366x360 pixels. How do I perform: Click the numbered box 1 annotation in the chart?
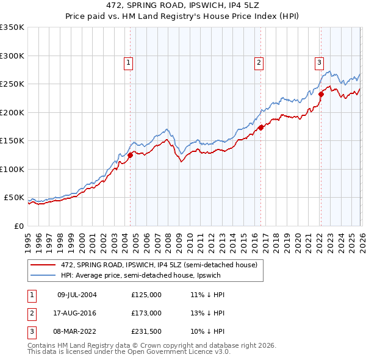(129, 62)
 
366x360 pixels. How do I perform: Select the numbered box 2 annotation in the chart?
(259, 62)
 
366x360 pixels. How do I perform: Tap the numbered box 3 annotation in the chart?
(319, 62)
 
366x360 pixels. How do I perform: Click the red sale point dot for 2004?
(130, 156)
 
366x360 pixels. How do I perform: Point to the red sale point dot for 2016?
(260, 128)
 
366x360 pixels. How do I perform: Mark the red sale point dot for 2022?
(320, 94)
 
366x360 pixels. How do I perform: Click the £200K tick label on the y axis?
(12, 112)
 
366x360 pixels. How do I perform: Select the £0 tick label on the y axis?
(18, 226)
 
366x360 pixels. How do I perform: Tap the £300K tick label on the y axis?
(12, 56)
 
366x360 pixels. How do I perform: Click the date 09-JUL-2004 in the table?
(77, 295)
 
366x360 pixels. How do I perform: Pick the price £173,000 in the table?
(146, 313)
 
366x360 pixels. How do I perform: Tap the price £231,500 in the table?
(146, 331)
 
